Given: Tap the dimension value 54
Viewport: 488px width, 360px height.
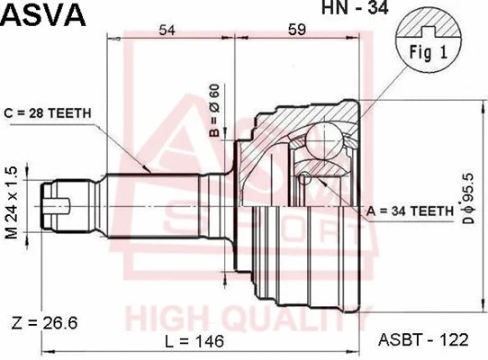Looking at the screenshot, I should pos(167,31).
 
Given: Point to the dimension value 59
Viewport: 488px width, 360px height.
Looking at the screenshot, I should pos(298,31).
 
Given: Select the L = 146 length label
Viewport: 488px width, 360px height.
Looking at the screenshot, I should pos(196,342).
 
